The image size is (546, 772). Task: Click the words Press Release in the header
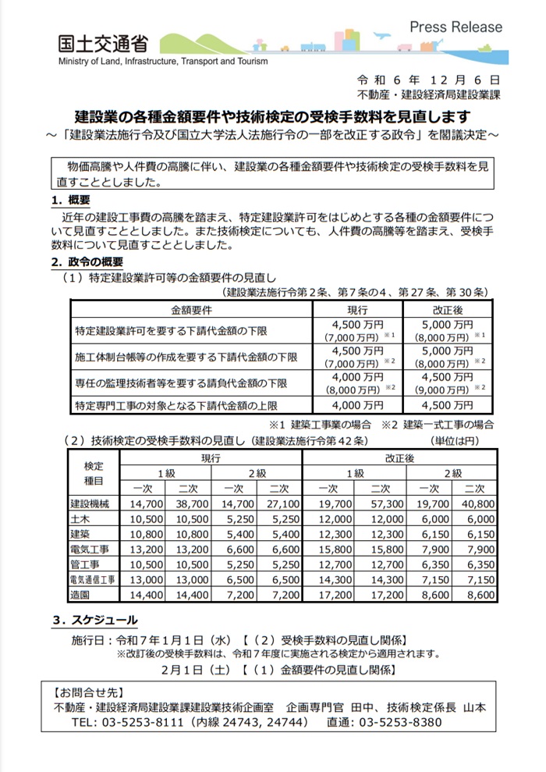456,26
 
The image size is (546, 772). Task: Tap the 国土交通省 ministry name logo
102,44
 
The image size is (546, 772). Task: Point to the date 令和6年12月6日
428,80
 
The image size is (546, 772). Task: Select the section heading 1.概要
69,201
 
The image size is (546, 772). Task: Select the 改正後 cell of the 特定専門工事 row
447,405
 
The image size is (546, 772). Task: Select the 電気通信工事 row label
94,579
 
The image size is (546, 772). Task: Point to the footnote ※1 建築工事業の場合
321,425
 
